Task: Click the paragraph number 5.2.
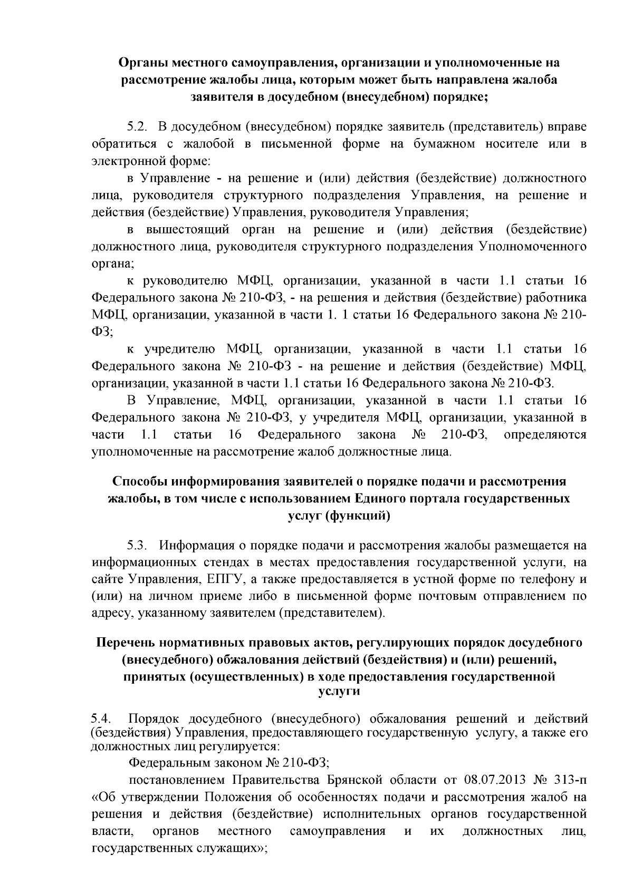[x=135, y=127]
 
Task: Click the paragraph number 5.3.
[x=135, y=545]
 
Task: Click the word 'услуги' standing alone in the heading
[x=339, y=691]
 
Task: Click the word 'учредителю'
[x=179, y=349]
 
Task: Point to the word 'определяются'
[x=545, y=435]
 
